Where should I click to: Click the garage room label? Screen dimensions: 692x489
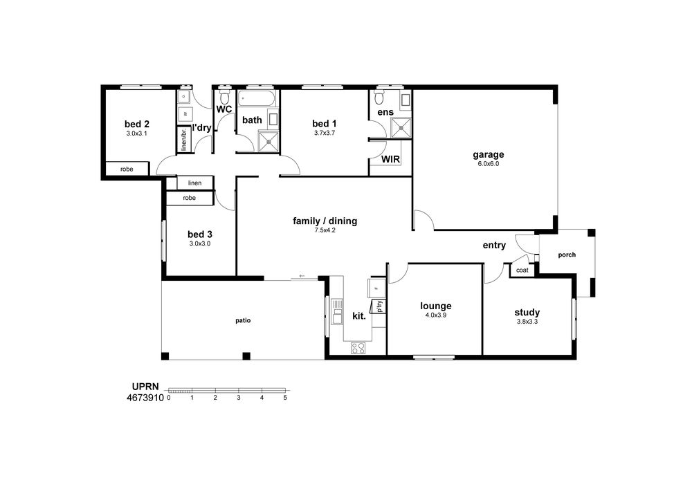coord(488,155)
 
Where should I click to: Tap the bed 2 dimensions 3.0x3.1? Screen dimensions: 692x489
coord(136,133)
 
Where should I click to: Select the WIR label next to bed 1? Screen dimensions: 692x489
coord(390,159)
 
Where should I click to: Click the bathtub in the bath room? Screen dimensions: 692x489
coord(257,98)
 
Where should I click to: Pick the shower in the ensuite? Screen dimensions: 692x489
coord(401,128)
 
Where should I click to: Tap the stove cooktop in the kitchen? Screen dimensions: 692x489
coord(358,348)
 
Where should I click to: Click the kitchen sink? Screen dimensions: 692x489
coord(337,311)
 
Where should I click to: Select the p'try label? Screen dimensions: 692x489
coord(379,307)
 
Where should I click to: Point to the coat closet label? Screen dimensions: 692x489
coord(522,270)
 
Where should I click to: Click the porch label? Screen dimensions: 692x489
coord(567,255)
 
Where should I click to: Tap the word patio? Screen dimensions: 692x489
coord(243,320)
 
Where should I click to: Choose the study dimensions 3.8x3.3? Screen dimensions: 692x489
coord(527,322)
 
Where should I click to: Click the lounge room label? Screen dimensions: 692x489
coord(435,306)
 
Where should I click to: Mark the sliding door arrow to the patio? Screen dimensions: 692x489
coord(302,276)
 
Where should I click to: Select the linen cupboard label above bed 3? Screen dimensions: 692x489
coord(194,183)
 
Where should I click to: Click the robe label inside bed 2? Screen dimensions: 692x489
coord(127,169)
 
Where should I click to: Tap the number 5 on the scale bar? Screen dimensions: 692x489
coord(285,398)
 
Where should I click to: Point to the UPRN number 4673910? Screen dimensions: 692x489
coord(145,398)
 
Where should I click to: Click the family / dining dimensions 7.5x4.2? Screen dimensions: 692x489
coord(325,230)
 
